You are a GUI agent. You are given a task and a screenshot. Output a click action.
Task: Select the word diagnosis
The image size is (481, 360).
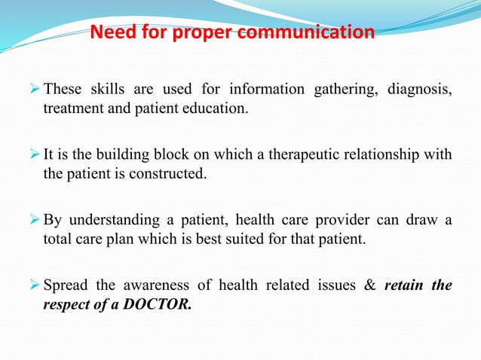tap(420, 92)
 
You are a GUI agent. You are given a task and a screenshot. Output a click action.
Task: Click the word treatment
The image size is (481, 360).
tap(69, 108)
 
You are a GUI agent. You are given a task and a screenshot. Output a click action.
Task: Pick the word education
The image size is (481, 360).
tap(217, 108)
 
